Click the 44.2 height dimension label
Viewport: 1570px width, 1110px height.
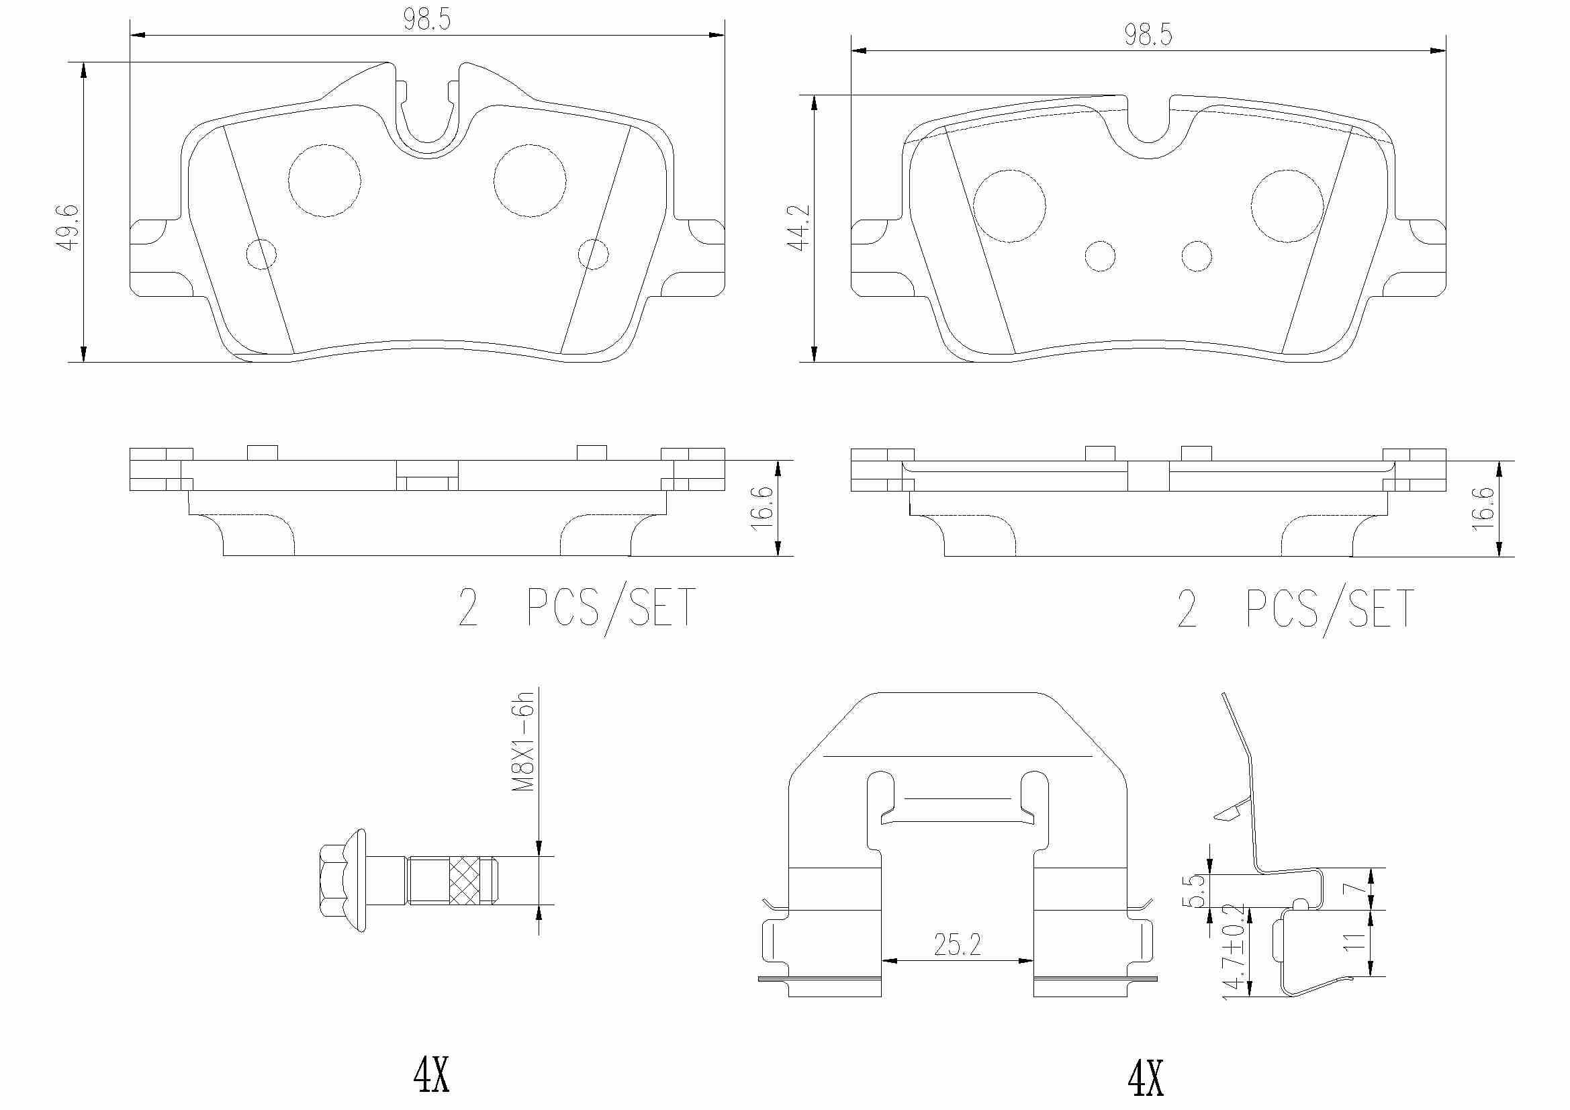point(799,227)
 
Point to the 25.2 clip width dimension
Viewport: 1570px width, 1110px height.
point(958,945)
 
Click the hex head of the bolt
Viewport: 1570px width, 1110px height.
point(333,880)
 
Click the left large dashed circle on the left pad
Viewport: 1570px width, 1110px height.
point(325,181)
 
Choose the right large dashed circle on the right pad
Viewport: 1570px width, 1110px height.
point(1287,205)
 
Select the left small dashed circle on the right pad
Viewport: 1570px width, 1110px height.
point(1099,257)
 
